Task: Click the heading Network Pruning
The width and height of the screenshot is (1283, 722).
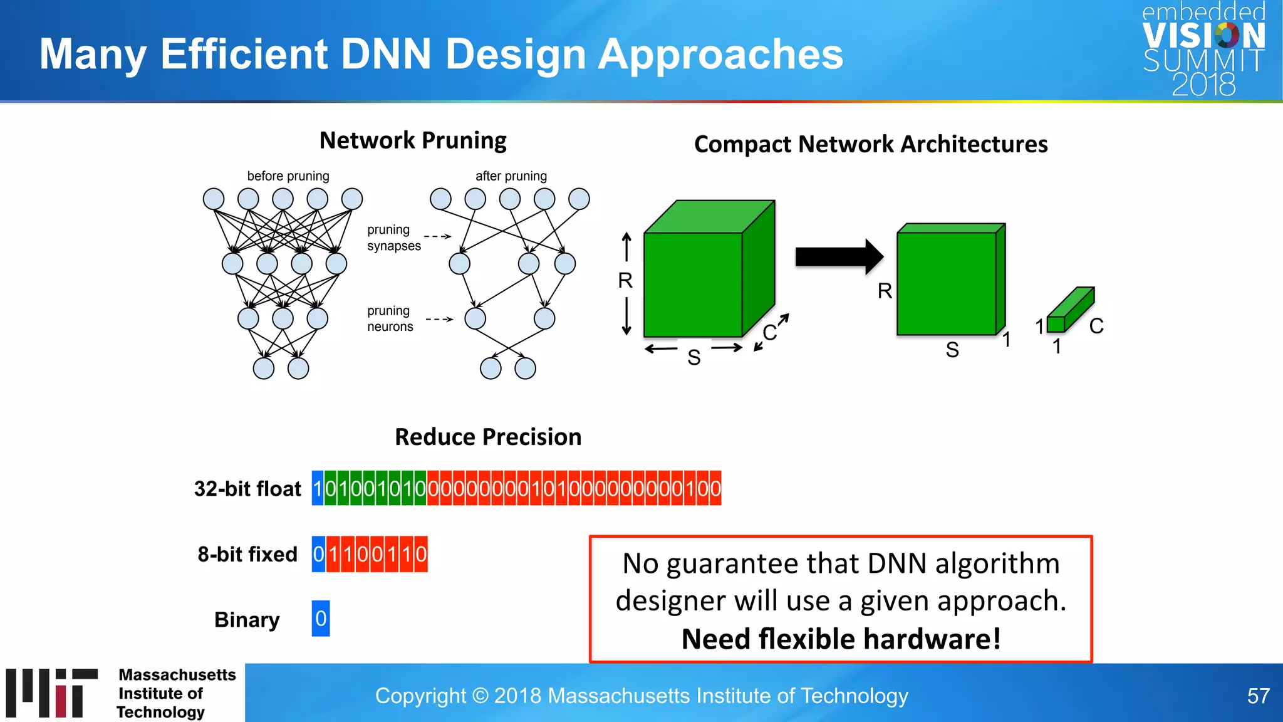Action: point(413,140)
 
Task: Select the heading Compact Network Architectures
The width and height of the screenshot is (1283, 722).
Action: point(870,144)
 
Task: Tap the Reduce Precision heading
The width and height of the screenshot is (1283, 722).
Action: point(488,437)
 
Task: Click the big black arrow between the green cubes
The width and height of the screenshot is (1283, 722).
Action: point(838,256)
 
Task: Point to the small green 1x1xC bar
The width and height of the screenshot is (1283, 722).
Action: point(1070,310)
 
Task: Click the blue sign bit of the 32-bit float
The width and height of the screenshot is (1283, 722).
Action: point(318,488)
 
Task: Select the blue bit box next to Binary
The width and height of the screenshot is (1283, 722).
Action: point(321,619)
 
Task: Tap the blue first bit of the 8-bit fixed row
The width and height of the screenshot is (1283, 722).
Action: point(318,554)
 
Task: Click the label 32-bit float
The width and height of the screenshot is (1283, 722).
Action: point(247,489)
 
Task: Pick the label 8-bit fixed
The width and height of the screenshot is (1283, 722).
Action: point(247,554)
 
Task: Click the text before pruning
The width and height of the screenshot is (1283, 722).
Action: point(288,176)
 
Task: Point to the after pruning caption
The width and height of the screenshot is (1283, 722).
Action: point(511,176)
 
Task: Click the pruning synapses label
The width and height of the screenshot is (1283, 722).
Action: point(393,238)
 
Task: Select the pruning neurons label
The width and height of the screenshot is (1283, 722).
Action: point(390,318)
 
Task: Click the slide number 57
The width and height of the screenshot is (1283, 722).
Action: point(1258,696)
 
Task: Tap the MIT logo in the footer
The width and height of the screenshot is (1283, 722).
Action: point(52,693)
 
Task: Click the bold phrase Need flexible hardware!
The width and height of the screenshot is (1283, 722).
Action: point(841,639)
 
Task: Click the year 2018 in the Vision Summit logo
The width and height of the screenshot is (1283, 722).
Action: point(1203,85)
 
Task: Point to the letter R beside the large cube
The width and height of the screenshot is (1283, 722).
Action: point(625,280)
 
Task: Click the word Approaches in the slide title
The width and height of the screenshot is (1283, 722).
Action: point(720,54)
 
